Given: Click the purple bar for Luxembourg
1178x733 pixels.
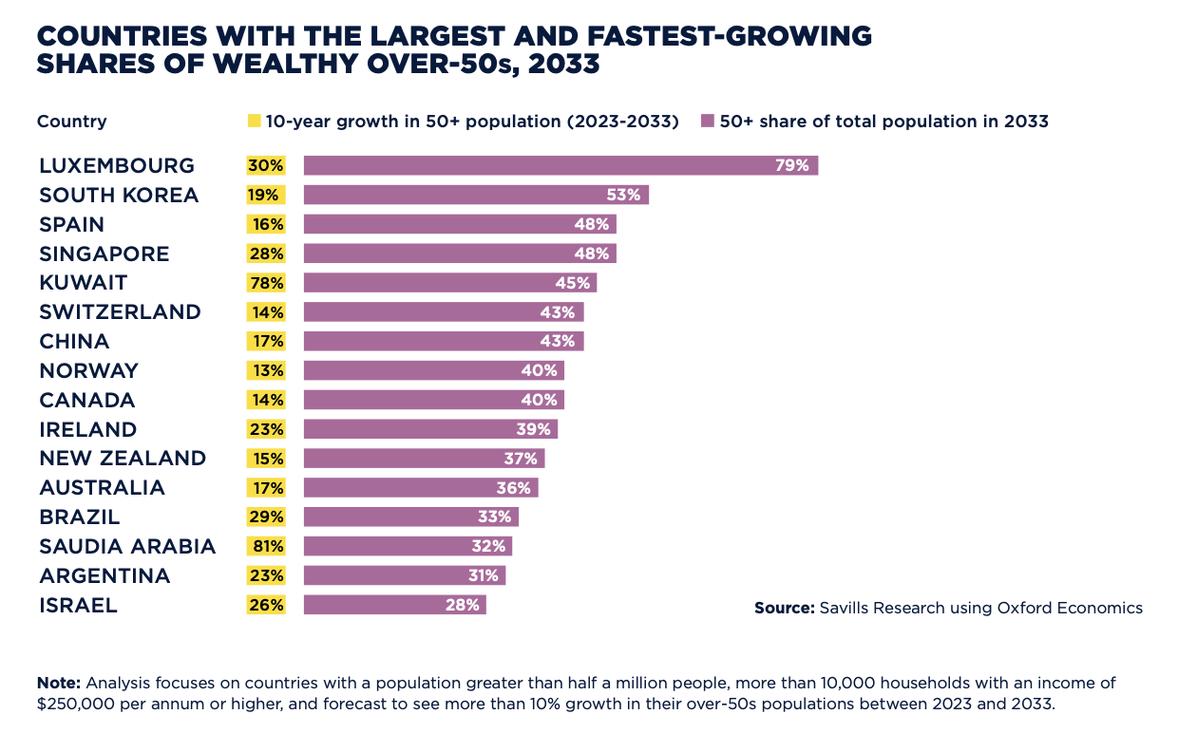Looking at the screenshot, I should [x=560, y=166].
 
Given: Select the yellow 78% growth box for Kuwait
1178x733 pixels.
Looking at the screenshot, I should [x=266, y=283].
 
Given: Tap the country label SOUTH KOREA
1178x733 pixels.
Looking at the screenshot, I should [x=119, y=196].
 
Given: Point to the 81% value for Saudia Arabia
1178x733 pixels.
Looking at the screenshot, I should [x=266, y=546].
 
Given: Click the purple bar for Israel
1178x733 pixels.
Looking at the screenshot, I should [x=394, y=605].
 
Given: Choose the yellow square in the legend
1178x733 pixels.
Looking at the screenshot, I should [x=254, y=122].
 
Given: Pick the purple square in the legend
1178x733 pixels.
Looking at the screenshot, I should [x=707, y=122].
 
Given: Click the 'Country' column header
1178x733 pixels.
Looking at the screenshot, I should [x=71, y=122].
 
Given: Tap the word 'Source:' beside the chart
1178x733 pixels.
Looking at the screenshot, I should [x=784, y=608].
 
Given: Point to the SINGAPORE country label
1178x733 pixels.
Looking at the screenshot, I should [x=104, y=254].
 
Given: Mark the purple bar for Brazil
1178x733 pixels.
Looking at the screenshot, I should [x=410, y=517].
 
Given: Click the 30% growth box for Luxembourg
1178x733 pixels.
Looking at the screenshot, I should [x=266, y=166].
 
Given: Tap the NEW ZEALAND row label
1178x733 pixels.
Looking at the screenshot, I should [x=123, y=459].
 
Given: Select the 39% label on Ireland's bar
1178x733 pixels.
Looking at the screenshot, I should [x=533, y=429].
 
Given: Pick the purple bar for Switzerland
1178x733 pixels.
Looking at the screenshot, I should [x=443, y=312].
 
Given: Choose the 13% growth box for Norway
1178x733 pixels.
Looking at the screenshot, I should [x=266, y=371].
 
